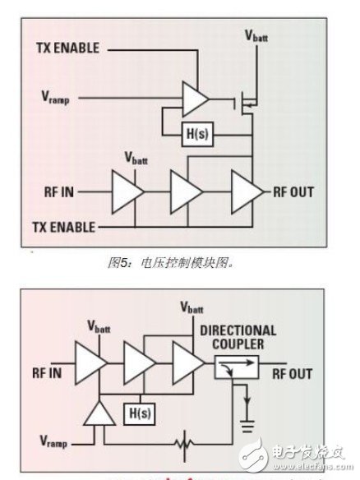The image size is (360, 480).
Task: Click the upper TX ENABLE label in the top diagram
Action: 68,48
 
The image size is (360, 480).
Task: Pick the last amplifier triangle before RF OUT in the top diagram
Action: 244,192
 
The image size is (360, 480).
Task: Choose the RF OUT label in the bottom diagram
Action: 288,373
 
